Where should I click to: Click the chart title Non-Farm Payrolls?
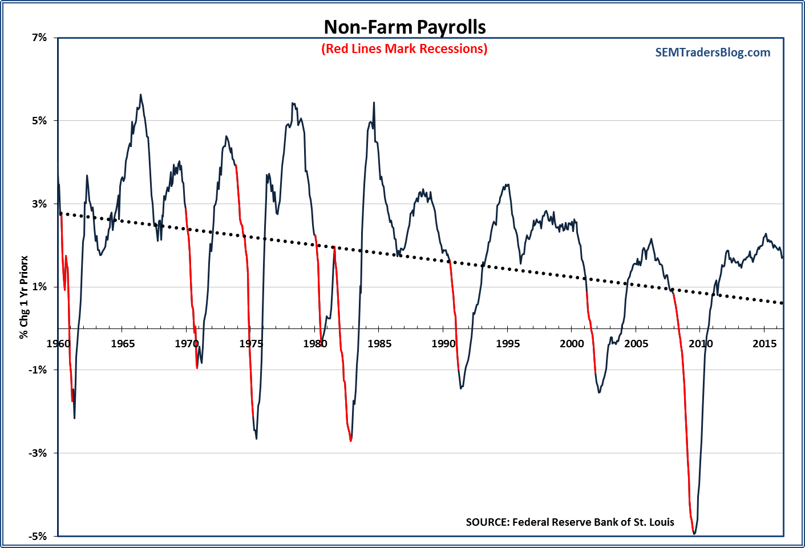pyautogui.click(x=404, y=27)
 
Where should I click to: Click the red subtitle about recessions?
pyautogui.click(x=404, y=49)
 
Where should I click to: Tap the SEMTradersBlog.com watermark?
pyautogui.click(x=713, y=52)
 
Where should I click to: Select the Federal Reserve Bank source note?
pyautogui.click(x=569, y=522)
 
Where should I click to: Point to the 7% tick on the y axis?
pyautogui.click(x=39, y=38)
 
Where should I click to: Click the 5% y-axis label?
pyautogui.click(x=39, y=120)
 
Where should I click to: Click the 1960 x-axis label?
pyautogui.click(x=58, y=343)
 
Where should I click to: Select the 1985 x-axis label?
pyautogui.click(x=379, y=343)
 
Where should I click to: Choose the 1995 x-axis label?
pyautogui.click(x=508, y=343)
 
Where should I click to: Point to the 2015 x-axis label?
pyautogui.click(x=764, y=343)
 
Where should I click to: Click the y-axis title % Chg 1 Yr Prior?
pyautogui.click(x=24, y=297)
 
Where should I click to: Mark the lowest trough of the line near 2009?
pyautogui.click(x=694, y=533)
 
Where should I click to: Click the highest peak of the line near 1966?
pyautogui.click(x=141, y=95)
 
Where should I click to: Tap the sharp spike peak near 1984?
pyautogui.click(x=374, y=103)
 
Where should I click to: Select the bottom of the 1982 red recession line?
pyautogui.click(x=350, y=440)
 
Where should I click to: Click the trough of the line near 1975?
pyautogui.click(x=256, y=438)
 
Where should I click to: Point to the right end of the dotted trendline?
pyautogui.click(x=782, y=303)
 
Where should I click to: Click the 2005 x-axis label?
pyautogui.click(x=636, y=343)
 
